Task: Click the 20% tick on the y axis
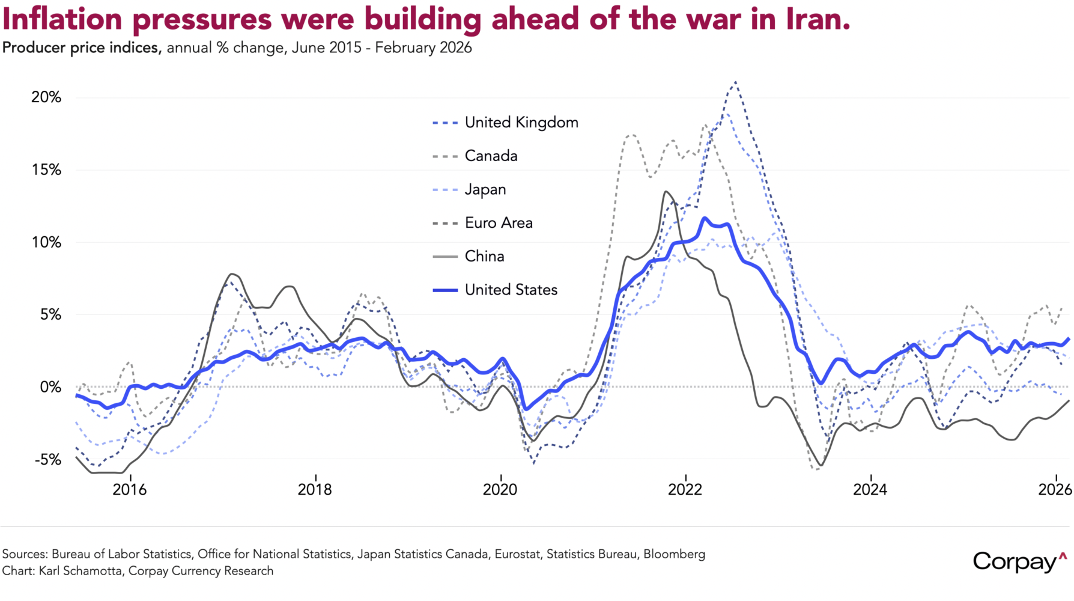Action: [x=46, y=97]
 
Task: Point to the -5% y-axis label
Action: [x=48, y=460]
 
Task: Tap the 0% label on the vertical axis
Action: [x=50, y=387]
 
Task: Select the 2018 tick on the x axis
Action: [x=315, y=490]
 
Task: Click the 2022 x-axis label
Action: [x=685, y=490]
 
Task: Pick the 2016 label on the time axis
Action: [x=130, y=490]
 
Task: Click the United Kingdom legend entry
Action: [x=521, y=123]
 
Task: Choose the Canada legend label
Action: [x=491, y=156]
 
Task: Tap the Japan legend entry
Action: [x=485, y=190]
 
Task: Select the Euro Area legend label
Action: [x=499, y=223]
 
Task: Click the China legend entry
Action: [x=484, y=257]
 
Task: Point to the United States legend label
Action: [x=511, y=290]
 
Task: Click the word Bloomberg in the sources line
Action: [x=674, y=554]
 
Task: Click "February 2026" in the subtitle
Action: [x=423, y=48]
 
